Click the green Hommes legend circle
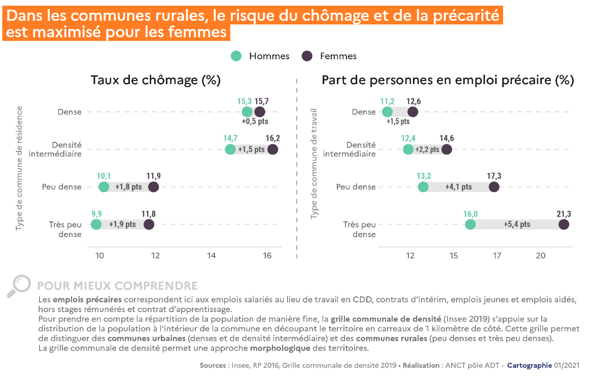coord(236,56)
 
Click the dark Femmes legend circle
coord(307,56)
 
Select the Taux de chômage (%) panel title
coord(155,80)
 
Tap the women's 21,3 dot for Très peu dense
coord(564,224)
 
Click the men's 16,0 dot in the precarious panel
coord(470,224)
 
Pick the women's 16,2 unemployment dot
coord(273,149)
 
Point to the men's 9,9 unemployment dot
coord(96,224)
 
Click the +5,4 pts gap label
coord(517,224)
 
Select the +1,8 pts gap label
coord(128,187)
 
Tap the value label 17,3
coord(494,176)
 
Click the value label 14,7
coord(230,138)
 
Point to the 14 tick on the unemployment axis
coord(211,256)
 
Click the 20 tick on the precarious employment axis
coord(541,256)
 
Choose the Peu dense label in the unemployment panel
coord(62,187)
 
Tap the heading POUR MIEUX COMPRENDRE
coord(117,286)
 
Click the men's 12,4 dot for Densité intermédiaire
coord(408,149)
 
